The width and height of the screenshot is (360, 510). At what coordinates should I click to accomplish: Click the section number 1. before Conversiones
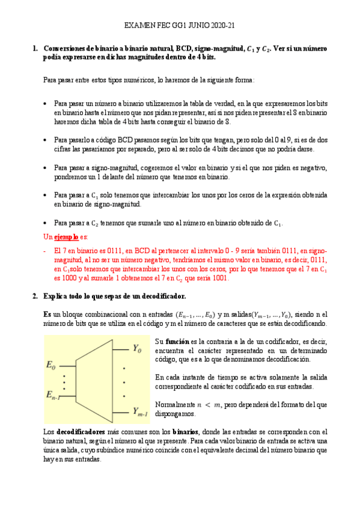pyautogui.click(x=35, y=48)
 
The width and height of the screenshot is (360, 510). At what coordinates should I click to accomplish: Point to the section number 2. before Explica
pyautogui.click(x=35, y=296)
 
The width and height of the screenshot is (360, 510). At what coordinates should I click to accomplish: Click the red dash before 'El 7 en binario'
pyautogui.click(x=46, y=250)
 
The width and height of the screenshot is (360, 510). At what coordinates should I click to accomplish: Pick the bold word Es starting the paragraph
pyautogui.click(x=47, y=314)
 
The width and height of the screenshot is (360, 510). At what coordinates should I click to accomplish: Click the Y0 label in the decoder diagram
pyautogui.click(x=137, y=348)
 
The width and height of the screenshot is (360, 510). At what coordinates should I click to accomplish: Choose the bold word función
pyautogui.click(x=180, y=342)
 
